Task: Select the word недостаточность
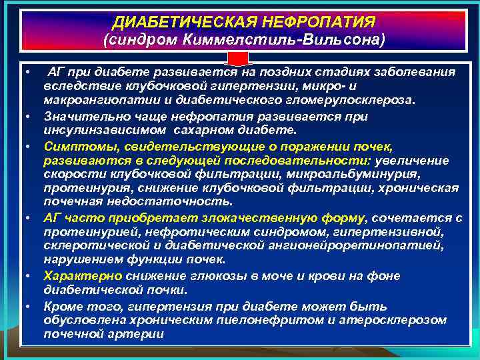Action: (186, 201)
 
